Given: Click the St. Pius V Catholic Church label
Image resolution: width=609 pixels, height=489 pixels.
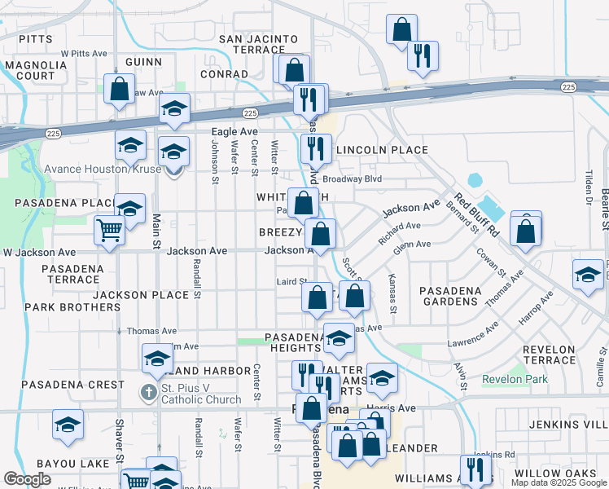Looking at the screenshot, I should click(x=201, y=394).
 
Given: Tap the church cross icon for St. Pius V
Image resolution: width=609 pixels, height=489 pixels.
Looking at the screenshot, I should click(x=148, y=393).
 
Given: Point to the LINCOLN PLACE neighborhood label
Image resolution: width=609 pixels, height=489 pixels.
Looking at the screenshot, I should click(x=382, y=150).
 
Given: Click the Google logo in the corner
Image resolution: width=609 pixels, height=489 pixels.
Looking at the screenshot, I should click(x=28, y=479).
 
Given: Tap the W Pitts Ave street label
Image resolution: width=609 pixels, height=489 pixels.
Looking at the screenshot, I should click(x=84, y=53).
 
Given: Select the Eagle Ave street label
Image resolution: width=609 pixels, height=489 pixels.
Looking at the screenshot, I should click(x=234, y=131).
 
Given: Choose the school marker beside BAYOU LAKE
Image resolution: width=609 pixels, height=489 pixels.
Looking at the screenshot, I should click(x=68, y=424).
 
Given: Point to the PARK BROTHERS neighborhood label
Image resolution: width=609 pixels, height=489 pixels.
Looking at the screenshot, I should click(x=72, y=307).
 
